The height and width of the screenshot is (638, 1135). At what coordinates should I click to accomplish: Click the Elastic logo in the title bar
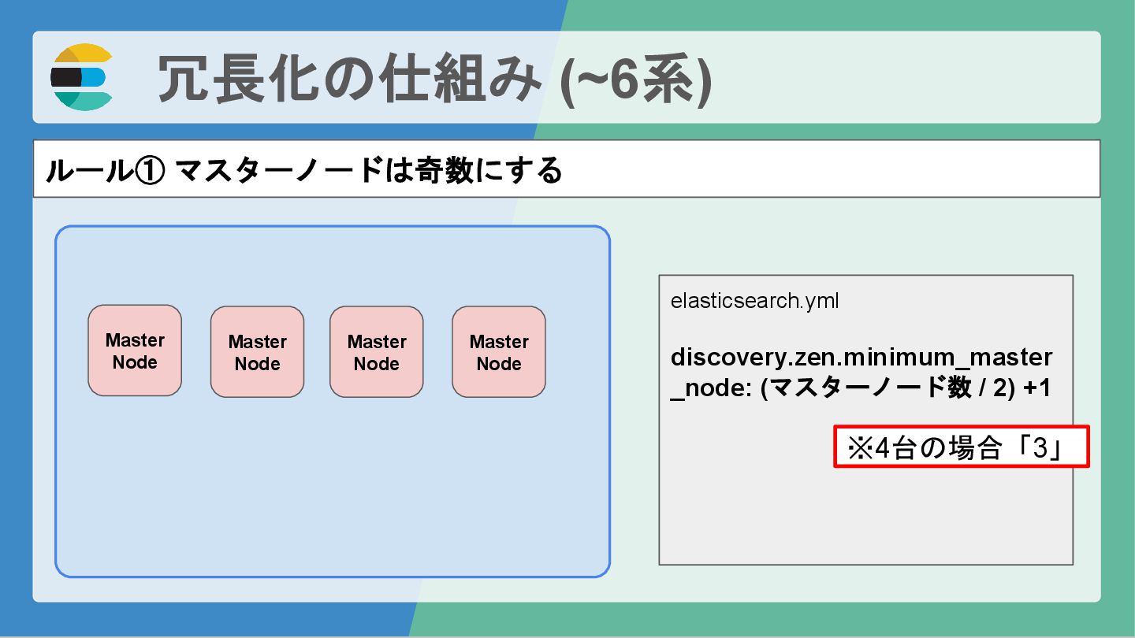(82, 77)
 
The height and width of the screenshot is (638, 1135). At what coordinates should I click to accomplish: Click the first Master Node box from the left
(135, 351)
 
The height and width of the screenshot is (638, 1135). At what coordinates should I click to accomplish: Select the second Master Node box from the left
(257, 352)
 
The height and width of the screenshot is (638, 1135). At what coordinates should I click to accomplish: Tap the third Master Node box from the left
(377, 352)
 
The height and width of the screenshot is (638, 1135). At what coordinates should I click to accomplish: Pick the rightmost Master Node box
(499, 352)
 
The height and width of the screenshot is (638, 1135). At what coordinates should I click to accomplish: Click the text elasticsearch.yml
(754, 301)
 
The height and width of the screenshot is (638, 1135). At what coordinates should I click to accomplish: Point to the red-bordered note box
(961, 447)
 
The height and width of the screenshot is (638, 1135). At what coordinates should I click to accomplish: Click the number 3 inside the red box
(1040, 449)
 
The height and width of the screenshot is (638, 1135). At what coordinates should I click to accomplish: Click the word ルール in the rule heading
(87, 170)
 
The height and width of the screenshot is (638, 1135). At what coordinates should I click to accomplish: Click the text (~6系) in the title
(635, 78)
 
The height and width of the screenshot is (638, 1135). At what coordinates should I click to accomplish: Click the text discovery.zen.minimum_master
(861, 357)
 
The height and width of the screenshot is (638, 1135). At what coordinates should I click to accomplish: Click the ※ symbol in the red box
(858, 449)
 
